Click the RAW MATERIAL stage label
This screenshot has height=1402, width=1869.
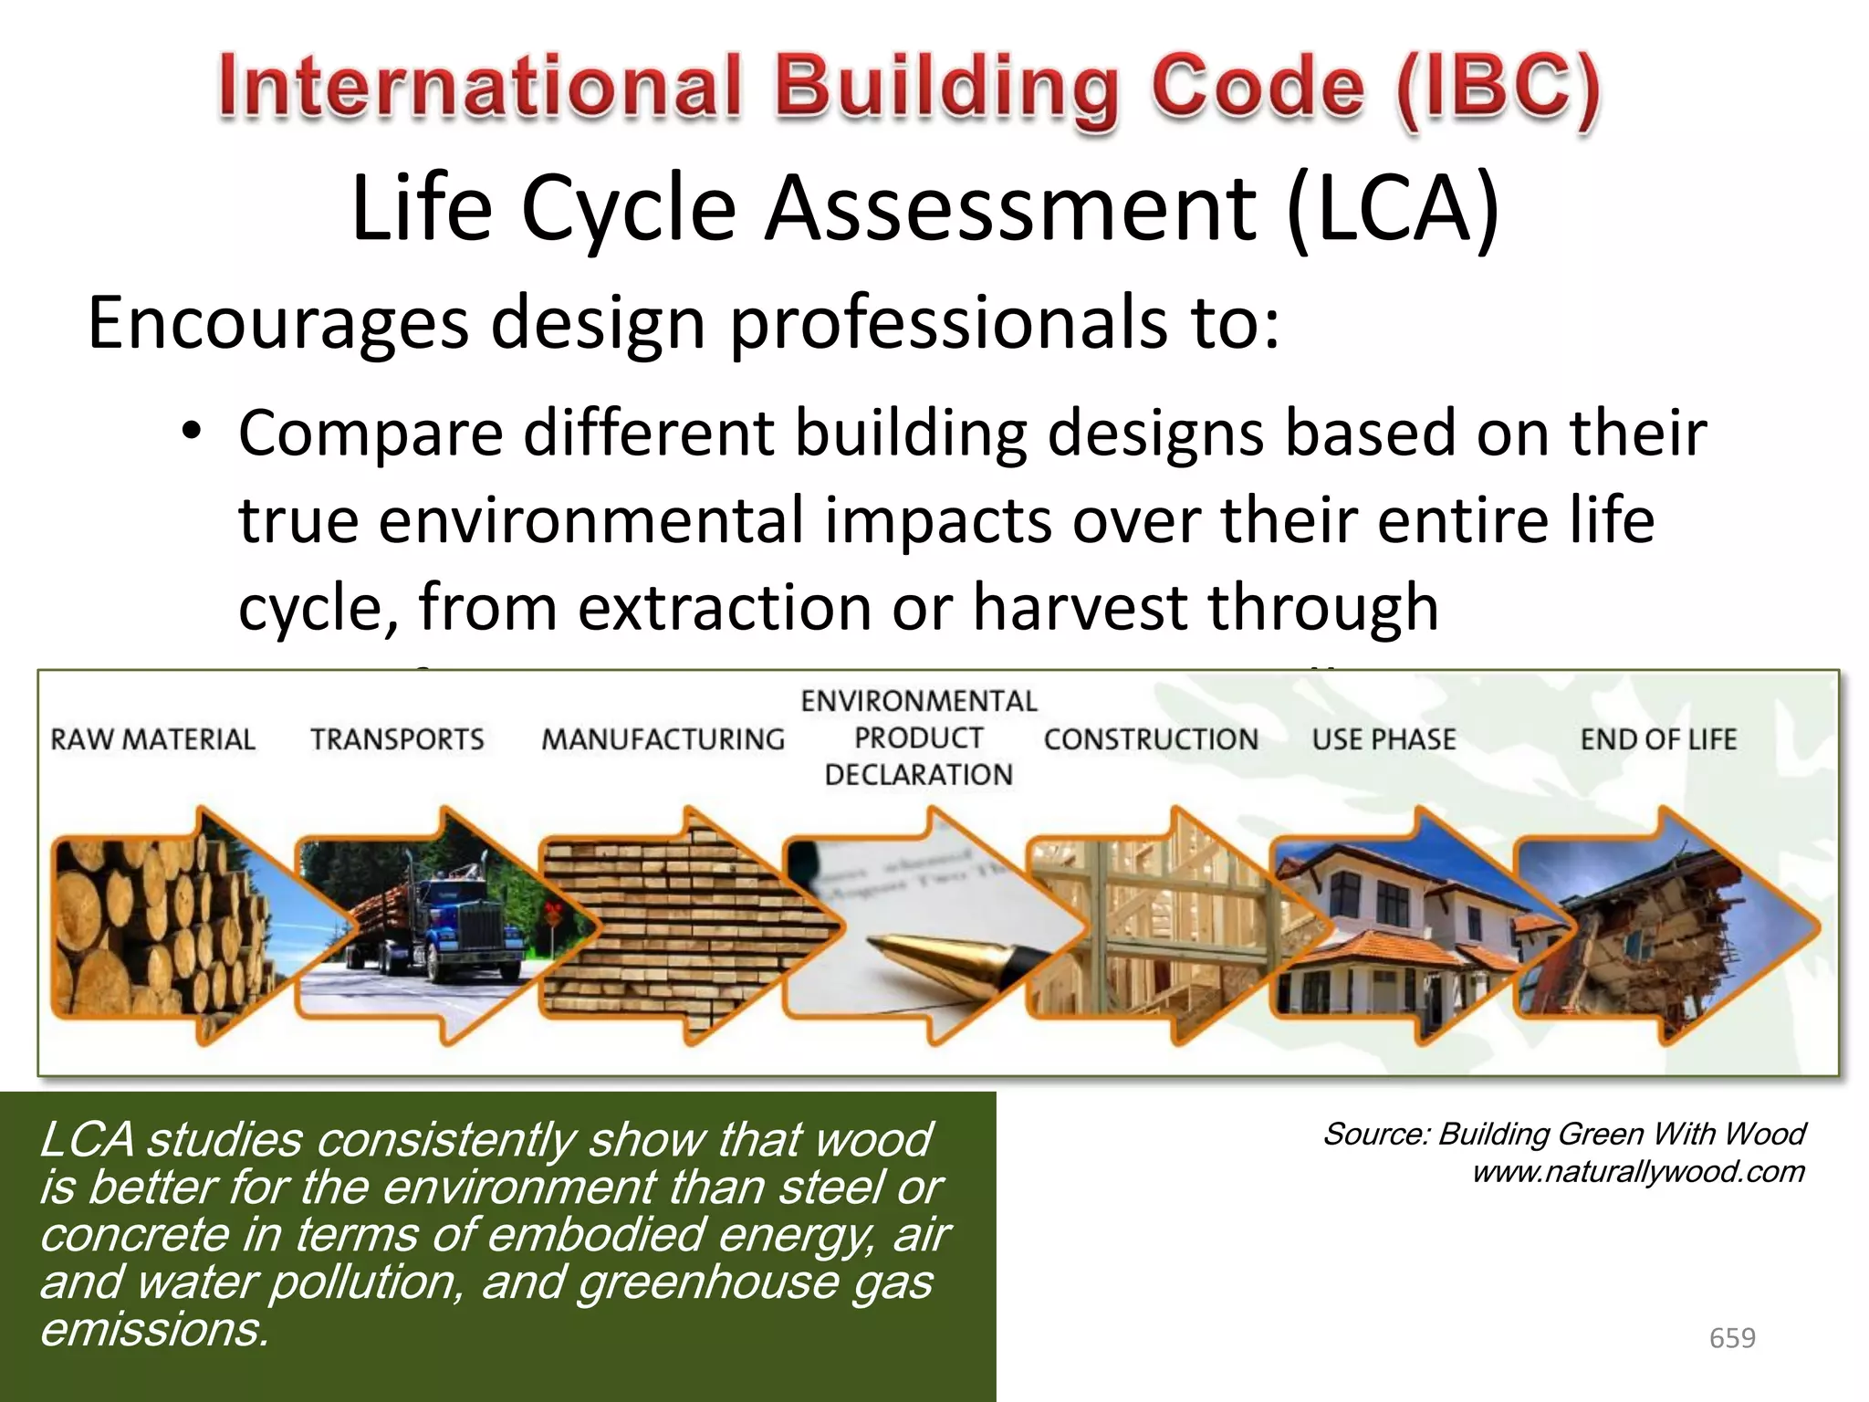click(x=152, y=738)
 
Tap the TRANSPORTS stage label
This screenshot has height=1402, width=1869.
click(x=397, y=738)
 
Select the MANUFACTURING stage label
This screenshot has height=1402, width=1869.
click(x=663, y=738)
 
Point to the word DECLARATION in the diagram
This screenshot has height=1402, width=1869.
click(x=918, y=775)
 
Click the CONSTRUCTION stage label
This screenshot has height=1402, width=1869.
click(x=1151, y=738)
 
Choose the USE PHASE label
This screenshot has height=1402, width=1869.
click(x=1383, y=738)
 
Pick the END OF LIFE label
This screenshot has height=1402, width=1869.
click(x=1658, y=738)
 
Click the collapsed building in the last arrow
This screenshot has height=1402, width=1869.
click(x=1634, y=940)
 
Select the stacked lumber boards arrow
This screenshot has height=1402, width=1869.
click(x=675, y=926)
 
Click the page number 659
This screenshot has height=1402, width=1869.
click(x=1731, y=1338)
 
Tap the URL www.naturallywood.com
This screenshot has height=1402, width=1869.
click(x=1638, y=1172)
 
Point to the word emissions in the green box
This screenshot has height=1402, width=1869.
click(x=153, y=1329)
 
